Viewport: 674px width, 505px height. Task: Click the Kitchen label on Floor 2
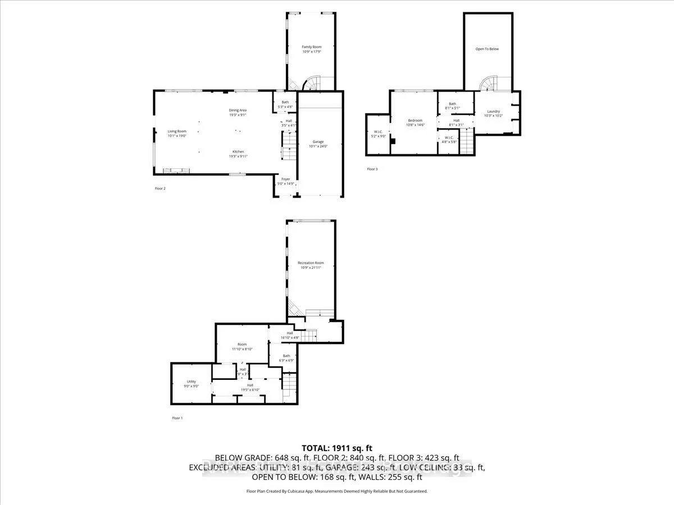238,154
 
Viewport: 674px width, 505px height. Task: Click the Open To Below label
487,49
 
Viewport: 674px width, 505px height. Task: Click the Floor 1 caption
177,418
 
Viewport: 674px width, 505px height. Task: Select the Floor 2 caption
160,189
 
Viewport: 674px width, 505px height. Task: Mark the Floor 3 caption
372,169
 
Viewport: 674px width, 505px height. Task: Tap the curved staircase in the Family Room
311,83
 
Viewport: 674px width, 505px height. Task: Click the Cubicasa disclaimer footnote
337,491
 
